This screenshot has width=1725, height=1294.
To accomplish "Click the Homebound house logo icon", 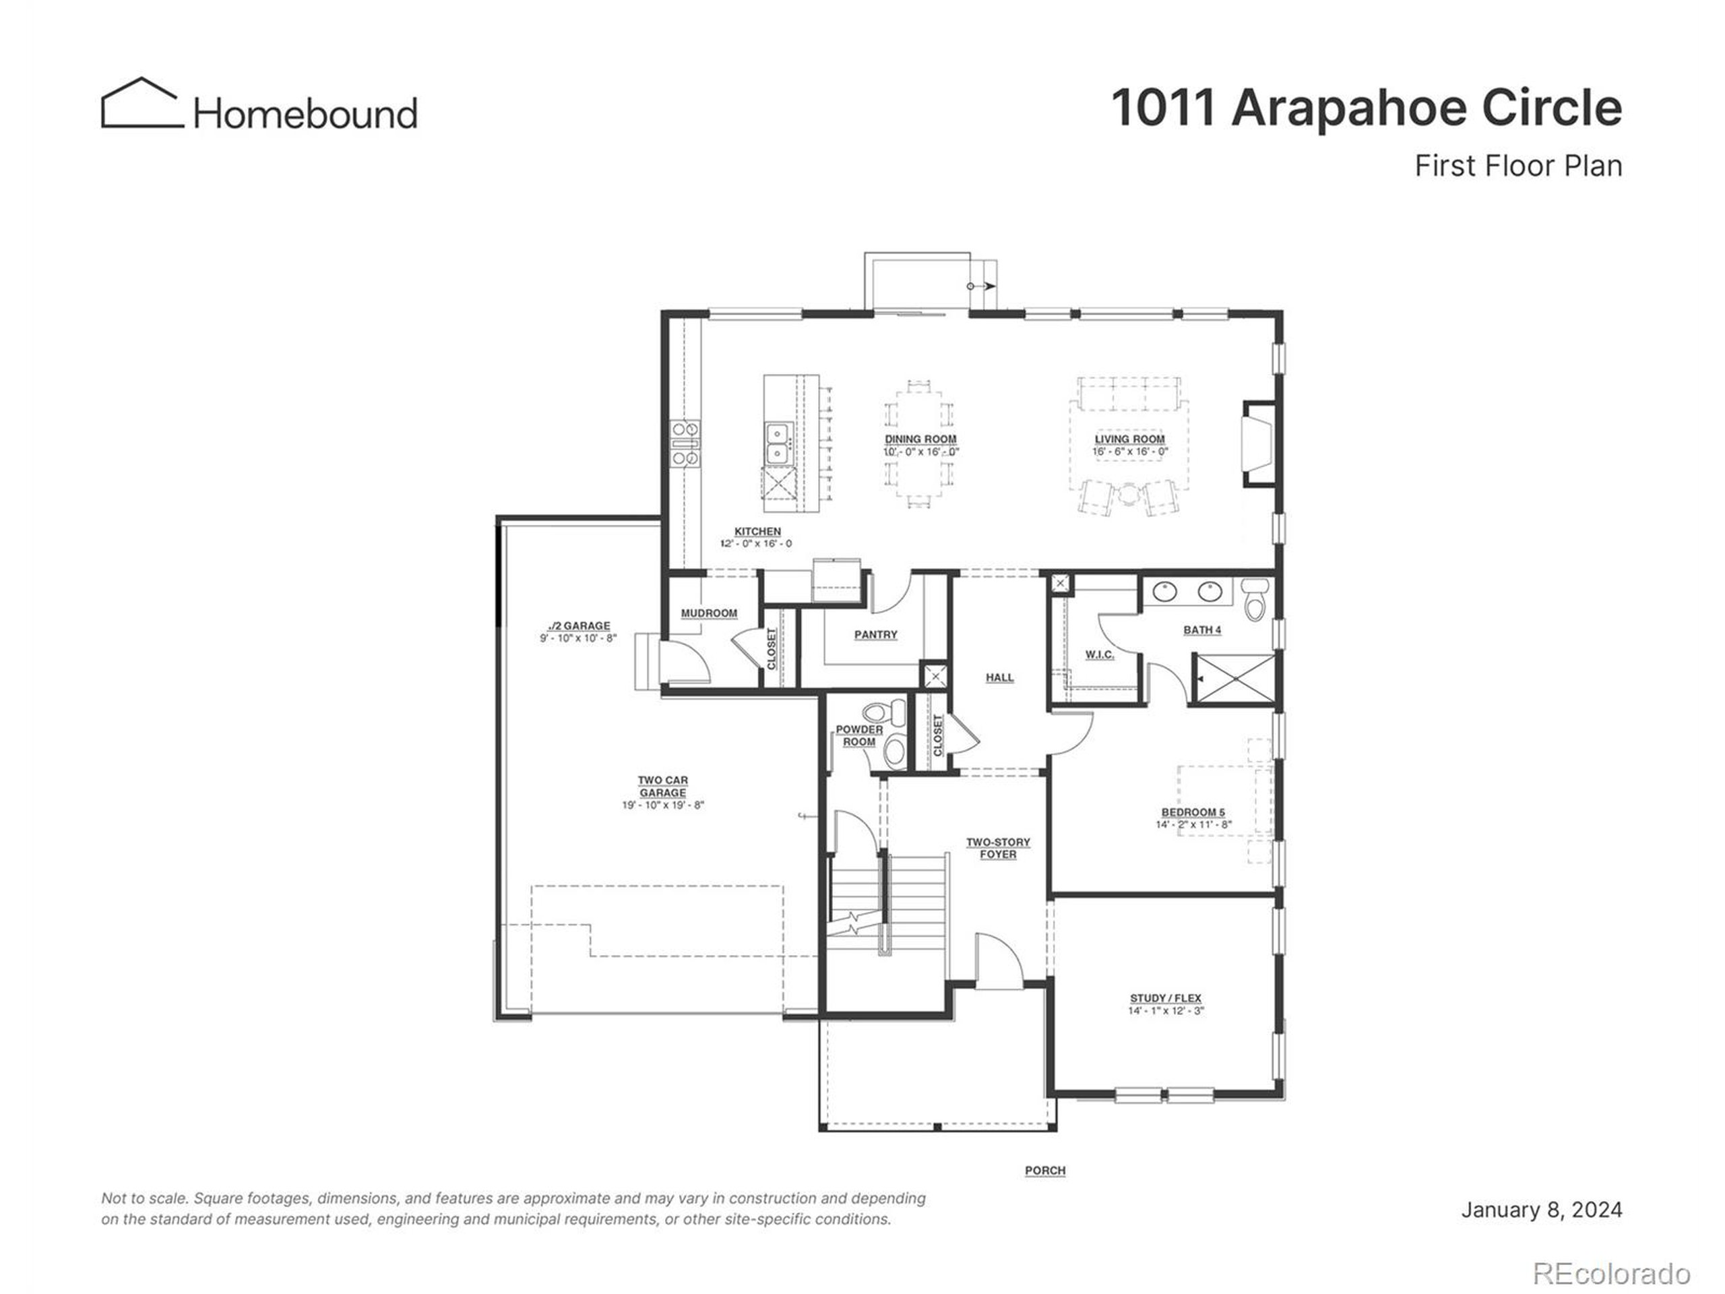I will tap(141, 103).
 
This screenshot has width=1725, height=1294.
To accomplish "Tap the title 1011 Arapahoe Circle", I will tap(1367, 108).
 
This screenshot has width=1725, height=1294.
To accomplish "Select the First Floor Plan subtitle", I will tap(1518, 166).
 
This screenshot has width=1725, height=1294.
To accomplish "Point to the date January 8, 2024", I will tap(1541, 1210).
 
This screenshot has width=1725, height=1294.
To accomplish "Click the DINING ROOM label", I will tap(920, 439).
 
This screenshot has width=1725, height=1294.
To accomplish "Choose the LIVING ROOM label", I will tap(1129, 439).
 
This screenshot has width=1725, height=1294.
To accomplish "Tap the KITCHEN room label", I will tap(757, 531).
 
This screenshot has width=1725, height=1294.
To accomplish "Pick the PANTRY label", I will tap(876, 635).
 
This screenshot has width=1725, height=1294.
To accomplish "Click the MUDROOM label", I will tap(709, 613).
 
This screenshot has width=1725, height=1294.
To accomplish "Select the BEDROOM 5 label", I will tap(1193, 812).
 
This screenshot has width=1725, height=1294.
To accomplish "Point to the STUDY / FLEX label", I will tap(1166, 998).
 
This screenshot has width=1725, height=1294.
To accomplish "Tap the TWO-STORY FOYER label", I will tap(998, 849).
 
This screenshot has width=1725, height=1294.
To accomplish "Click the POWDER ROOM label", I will tap(859, 735).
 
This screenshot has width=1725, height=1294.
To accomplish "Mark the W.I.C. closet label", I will tap(1100, 654).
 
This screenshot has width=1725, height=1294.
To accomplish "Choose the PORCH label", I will tap(1045, 1171).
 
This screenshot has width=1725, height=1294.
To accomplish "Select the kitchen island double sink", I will tap(777, 443).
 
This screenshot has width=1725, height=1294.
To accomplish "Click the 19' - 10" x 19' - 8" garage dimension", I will tap(663, 805).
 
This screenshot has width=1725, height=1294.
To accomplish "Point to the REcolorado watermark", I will tap(1611, 1274).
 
